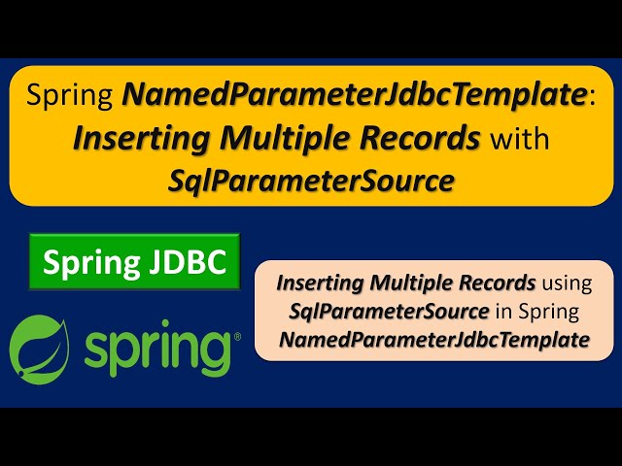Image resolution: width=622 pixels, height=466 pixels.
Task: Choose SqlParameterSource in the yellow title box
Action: (x=311, y=180)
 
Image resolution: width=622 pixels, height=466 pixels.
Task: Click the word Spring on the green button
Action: (x=89, y=260)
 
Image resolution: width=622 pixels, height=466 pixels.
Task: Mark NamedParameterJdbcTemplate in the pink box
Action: (x=433, y=341)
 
